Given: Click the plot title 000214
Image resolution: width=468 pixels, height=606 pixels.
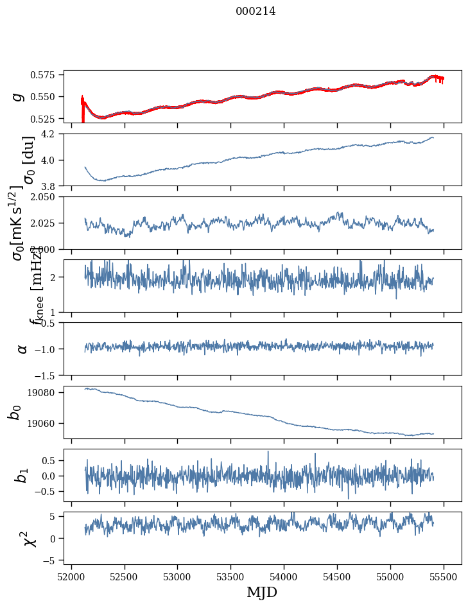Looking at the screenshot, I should (x=256, y=11).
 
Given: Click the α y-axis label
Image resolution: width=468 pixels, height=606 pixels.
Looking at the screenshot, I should (x=22, y=349).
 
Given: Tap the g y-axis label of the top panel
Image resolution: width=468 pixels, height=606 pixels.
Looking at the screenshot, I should (x=19, y=96).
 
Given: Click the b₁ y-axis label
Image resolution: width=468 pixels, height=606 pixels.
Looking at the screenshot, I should (x=22, y=476).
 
